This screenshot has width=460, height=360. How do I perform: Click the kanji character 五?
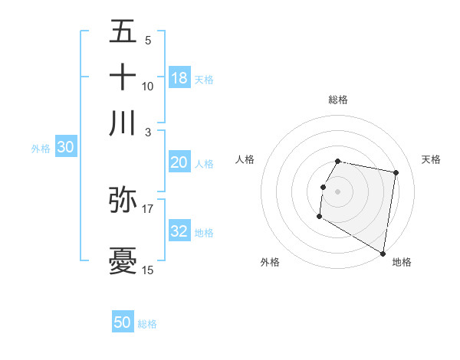123,32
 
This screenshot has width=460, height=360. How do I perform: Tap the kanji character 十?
123,77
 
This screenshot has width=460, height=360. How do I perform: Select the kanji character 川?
123,123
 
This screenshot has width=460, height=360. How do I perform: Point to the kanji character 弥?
123,199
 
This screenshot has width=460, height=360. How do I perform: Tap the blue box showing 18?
179,78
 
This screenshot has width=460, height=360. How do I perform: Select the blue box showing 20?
179,162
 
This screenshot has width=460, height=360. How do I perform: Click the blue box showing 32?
179,232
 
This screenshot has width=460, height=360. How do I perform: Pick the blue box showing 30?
64,148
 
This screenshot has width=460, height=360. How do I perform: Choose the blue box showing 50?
123,323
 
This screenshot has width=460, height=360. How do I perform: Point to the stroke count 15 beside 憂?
147,270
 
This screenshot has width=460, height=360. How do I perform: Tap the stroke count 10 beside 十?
147,87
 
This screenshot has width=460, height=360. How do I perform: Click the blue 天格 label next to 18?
204,79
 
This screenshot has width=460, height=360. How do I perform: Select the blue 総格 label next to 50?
147,324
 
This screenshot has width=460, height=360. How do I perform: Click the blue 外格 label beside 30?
40,149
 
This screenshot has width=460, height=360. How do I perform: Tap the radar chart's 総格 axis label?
337,100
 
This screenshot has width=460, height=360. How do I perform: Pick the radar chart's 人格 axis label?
245,159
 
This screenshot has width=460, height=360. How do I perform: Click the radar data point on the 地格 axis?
383,254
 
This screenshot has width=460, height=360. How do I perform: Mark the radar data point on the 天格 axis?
396,173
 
